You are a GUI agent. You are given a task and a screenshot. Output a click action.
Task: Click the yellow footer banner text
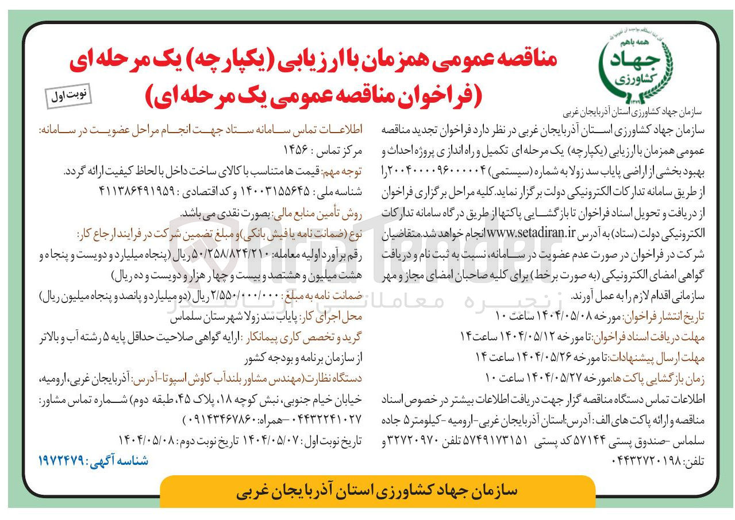377,491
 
